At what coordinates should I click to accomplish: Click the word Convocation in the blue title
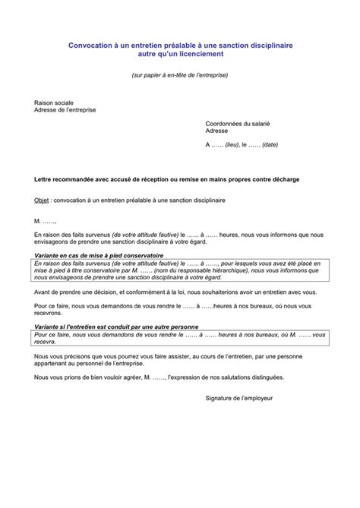coord(90,46)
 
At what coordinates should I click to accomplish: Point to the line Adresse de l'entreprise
coord(66,109)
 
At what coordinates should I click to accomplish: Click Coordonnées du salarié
coord(238,123)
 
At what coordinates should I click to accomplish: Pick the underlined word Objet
coord(43,200)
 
